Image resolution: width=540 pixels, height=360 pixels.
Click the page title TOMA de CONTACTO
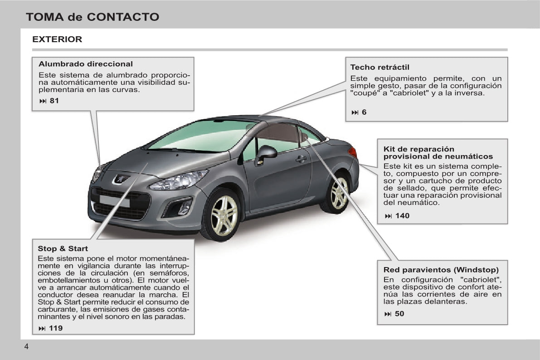(92, 17)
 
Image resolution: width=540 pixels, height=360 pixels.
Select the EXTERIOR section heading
(57, 39)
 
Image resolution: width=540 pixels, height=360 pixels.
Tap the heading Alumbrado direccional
(85, 64)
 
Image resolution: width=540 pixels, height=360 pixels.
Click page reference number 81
(54, 101)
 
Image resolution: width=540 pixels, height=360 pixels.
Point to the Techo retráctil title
(380, 67)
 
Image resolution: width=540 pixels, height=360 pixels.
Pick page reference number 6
(364, 112)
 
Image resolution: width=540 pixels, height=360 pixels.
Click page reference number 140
(402, 216)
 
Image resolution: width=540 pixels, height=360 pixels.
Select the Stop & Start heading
(63, 249)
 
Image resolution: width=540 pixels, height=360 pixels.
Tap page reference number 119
(56, 328)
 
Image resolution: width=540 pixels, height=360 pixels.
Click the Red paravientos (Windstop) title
(441, 270)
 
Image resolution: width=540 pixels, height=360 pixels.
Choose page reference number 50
(399, 314)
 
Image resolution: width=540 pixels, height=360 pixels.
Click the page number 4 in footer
(26, 346)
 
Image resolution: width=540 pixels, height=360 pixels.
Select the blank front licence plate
(114, 201)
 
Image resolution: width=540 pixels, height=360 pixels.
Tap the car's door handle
(301, 159)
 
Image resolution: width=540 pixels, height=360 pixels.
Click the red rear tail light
(352, 151)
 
